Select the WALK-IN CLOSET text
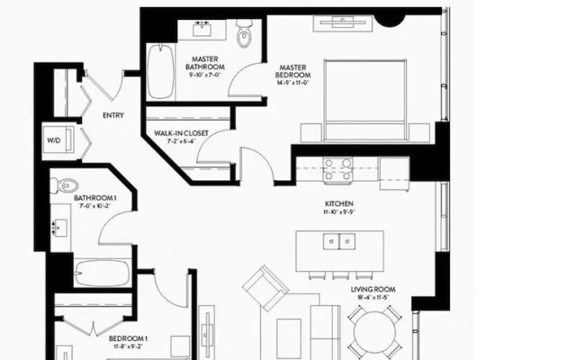[181, 133]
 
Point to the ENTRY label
[113, 115]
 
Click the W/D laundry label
[53, 141]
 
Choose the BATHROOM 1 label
[95, 198]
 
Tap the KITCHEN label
[339, 204]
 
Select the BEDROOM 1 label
[128, 338]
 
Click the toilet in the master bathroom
[244, 37]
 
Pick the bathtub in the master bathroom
[163, 73]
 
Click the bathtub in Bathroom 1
[102, 273]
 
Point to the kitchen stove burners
[337, 169]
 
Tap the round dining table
[376, 332]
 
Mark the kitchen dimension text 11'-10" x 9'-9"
[339, 213]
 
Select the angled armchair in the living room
[265, 288]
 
